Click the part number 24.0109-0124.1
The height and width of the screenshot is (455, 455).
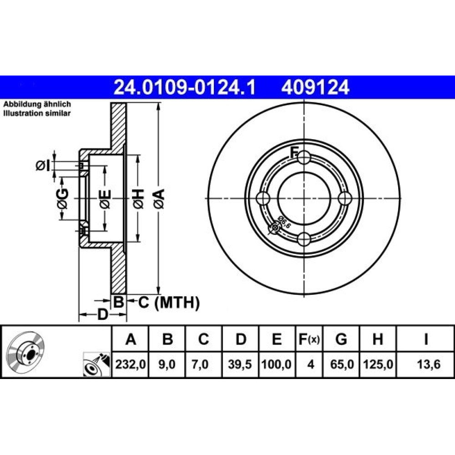coord(185,87)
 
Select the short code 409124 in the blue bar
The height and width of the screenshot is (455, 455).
coord(315,87)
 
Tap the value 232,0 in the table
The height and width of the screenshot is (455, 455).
coord(130,364)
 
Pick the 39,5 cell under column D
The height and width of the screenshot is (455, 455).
coord(240,364)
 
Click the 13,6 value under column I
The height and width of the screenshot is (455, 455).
coord(429,364)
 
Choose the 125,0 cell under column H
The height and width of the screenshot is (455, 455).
coord(378,364)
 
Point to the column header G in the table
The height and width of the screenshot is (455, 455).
coord(341,339)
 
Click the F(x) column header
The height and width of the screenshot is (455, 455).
coord(309,339)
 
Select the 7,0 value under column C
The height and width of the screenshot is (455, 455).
coord(200,364)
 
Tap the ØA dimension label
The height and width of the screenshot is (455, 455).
coord(159,199)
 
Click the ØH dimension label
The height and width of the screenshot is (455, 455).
coord(138,199)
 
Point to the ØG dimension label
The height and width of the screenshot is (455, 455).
coord(62,199)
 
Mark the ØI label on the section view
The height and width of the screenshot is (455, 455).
coord(43,166)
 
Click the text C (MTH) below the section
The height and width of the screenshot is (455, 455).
coord(169,303)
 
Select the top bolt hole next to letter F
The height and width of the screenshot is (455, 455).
coord(304,157)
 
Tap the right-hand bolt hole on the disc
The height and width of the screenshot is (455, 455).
coord(345,198)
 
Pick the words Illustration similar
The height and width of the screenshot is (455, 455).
coord(37,113)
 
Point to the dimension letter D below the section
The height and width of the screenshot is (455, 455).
coord(102,314)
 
